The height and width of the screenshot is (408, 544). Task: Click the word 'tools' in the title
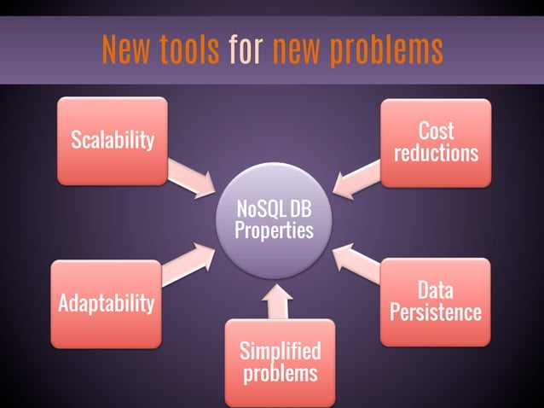click(188, 51)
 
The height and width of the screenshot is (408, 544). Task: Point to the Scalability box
click(112, 140)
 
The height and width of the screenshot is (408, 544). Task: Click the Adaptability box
click(106, 303)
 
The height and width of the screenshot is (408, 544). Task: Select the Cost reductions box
click(436, 143)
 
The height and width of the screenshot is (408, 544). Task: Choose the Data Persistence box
click(435, 301)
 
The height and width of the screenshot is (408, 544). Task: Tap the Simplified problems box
click(280, 362)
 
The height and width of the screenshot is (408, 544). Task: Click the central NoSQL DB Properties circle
click(274, 219)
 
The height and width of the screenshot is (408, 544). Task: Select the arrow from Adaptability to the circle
click(189, 264)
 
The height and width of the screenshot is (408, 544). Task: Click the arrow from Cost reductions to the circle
click(356, 178)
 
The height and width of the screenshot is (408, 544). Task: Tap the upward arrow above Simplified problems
click(279, 302)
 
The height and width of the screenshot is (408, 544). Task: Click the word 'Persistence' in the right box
click(435, 312)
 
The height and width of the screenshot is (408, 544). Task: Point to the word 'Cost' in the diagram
click(436, 131)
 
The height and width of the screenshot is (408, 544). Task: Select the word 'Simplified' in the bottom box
click(280, 351)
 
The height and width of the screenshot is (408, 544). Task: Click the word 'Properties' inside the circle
click(274, 230)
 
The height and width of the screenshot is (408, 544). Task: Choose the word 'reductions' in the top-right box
click(436, 154)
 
